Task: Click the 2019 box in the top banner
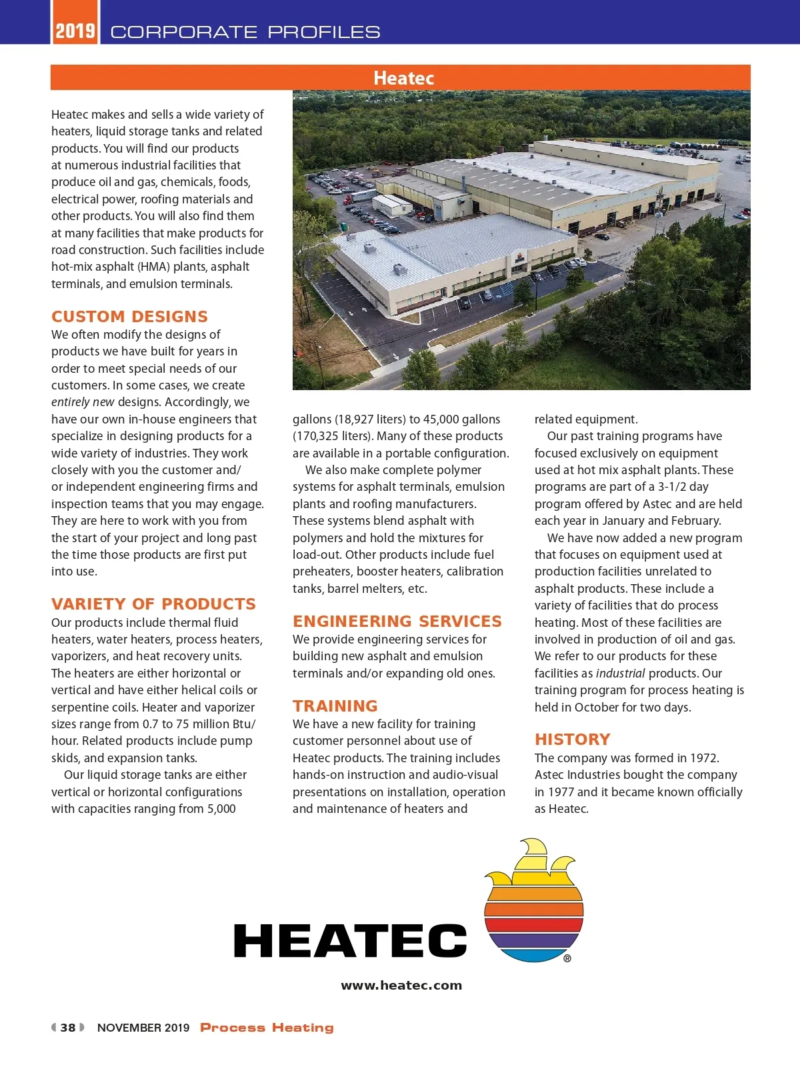[x=75, y=31]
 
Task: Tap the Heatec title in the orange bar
[x=403, y=78]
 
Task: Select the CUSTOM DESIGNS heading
[x=129, y=317]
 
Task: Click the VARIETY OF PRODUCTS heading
[x=153, y=604]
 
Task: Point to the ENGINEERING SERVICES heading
[x=397, y=622]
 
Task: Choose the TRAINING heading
[x=335, y=706]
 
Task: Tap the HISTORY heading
[x=572, y=740]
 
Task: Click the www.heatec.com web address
[x=401, y=986]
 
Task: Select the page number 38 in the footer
[x=68, y=1028]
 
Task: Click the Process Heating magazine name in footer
[x=267, y=1028]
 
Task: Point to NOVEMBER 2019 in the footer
[x=143, y=1028]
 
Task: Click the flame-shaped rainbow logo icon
[x=533, y=900]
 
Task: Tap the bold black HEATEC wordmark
[x=350, y=941]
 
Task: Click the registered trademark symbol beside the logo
[x=567, y=958]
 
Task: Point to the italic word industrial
[x=620, y=674]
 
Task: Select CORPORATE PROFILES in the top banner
[x=245, y=32]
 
